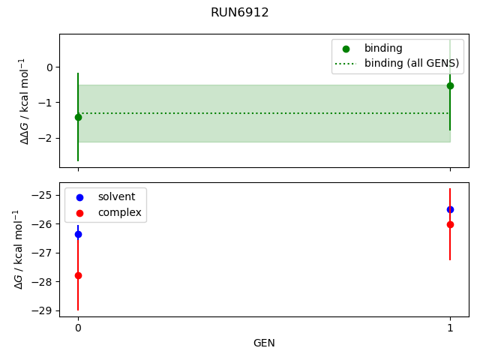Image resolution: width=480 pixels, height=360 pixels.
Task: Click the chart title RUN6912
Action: click(x=240, y=13)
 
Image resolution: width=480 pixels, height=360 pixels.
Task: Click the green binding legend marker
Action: click(x=347, y=49)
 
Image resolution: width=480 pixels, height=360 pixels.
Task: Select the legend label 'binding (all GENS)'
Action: click(x=412, y=63)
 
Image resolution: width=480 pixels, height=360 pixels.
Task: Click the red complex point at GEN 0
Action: click(x=78, y=275)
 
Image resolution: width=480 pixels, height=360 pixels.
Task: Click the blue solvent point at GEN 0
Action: click(x=78, y=234)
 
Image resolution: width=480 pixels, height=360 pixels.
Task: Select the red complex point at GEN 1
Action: click(x=450, y=224)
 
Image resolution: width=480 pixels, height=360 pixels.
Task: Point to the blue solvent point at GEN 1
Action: click(x=450, y=209)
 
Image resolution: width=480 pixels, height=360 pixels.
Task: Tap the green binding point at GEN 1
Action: click(x=450, y=85)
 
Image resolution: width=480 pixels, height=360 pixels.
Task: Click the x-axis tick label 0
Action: click(x=78, y=328)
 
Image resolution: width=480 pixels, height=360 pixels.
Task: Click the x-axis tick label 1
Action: click(x=450, y=328)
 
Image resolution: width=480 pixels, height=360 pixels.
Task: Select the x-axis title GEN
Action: click(x=264, y=343)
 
